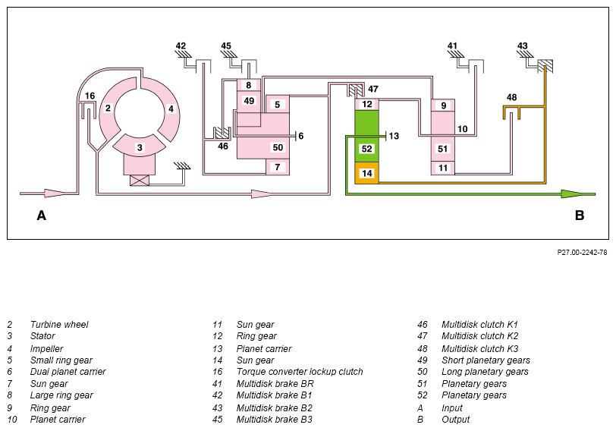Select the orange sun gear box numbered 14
pyautogui.click(x=367, y=173)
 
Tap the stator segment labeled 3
pyautogui.click(x=140, y=146)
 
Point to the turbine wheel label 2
pyautogui.click(x=108, y=108)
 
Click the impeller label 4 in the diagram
pyautogui.click(x=171, y=109)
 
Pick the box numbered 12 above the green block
pyautogui.click(x=367, y=104)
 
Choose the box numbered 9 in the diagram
pyautogui.click(x=443, y=105)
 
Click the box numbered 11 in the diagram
pyautogui.click(x=443, y=168)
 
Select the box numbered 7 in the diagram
pyautogui.click(x=278, y=167)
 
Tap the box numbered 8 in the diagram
pyautogui.click(x=249, y=85)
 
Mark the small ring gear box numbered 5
pyautogui.click(x=278, y=104)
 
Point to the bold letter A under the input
pyautogui.click(x=41, y=215)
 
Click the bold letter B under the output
pyautogui.click(x=580, y=215)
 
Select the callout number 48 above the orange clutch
pyautogui.click(x=511, y=97)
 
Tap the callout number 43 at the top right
pyautogui.click(x=522, y=46)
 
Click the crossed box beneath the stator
pyautogui.click(x=140, y=181)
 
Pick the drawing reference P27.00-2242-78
pyautogui.click(x=582, y=252)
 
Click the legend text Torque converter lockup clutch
pyautogui.click(x=300, y=372)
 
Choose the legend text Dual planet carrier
pyautogui.click(x=68, y=372)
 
